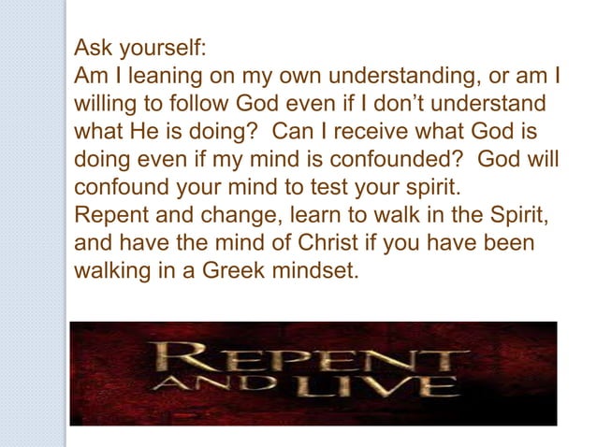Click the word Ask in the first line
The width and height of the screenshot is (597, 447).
click(x=91, y=48)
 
